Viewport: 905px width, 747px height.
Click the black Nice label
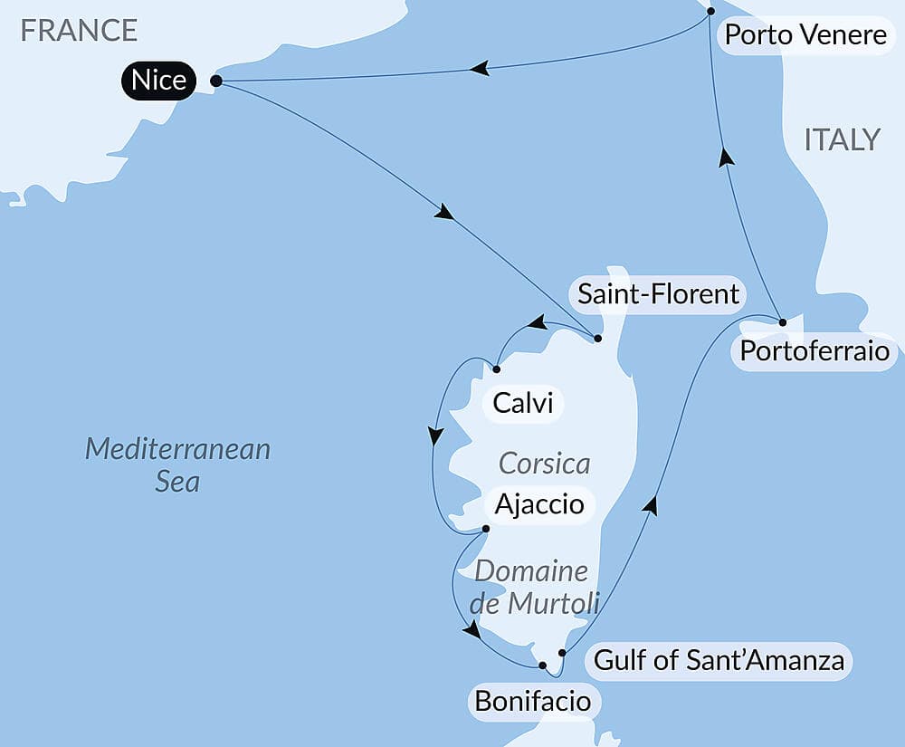coord(158,81)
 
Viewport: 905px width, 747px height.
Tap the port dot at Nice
coord(215,81)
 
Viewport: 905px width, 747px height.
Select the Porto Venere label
coord(805,36)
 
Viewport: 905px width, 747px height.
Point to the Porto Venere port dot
coord(710,11)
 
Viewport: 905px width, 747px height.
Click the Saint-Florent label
coord(658,294)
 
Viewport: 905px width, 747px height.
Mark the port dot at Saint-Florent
coord(598,339)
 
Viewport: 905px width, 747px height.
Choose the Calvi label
coord(524,403)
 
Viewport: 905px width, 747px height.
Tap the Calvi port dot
coord(497,369)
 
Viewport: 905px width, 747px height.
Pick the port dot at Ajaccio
coord(486,529)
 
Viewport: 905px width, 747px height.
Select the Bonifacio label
coord(532,701)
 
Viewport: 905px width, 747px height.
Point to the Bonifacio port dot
coord(542,666)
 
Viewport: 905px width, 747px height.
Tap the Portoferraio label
coord(814,351)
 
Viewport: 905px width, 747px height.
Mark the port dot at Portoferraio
coord(782,321)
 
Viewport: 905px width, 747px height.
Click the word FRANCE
coord(79,31)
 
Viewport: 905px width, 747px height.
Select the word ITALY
coord(842,139)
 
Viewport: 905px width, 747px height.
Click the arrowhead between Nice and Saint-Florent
coord(444,214)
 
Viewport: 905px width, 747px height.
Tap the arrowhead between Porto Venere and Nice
coord(480,68)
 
